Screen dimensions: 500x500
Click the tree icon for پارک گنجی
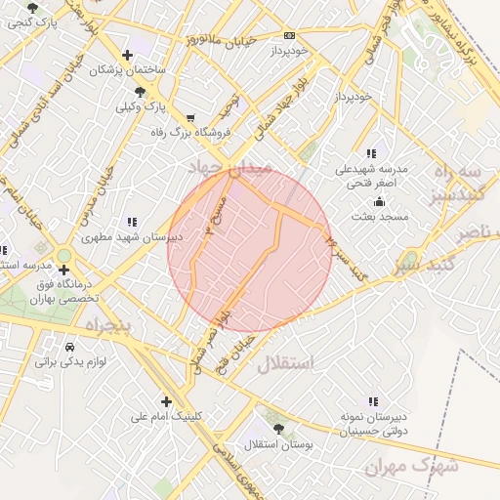point(33,8)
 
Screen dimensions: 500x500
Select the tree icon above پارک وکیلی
point(141,90)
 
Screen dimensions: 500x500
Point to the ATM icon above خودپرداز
point(289,34)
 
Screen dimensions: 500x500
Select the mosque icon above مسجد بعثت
point(380,201)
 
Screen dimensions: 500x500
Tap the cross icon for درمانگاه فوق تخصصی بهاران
point(64,270)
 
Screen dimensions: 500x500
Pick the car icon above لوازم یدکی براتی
point(69,347)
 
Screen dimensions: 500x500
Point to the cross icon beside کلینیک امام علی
point(166,401)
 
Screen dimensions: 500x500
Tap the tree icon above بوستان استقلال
point(279,429)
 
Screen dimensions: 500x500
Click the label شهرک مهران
point(411,466)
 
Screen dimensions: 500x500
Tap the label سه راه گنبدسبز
point(459,183)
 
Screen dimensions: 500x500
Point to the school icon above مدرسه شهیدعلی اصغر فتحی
point(370,153)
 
